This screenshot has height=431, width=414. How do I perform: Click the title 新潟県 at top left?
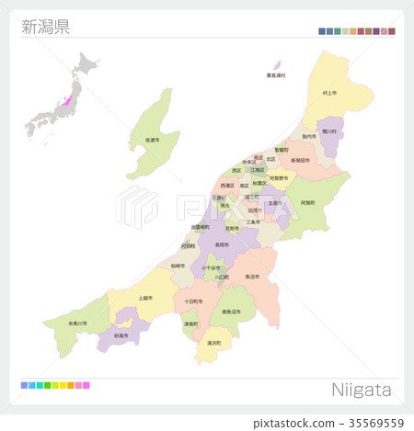(45, 26)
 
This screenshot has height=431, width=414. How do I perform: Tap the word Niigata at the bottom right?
(361, 390)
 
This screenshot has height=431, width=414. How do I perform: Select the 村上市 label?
(330, 93)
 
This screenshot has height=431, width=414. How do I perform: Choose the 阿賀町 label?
(308, 202)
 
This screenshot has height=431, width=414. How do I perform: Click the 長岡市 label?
(221, 244)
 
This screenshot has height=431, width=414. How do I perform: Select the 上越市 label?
(144, 298)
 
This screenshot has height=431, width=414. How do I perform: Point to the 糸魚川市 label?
(77, 323)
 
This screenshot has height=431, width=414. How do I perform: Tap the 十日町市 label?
(193, 301)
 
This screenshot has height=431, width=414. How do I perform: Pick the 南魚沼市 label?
(231, 312)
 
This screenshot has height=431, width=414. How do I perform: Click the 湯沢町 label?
(213, 343)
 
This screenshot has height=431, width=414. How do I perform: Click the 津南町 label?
(190, 323)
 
